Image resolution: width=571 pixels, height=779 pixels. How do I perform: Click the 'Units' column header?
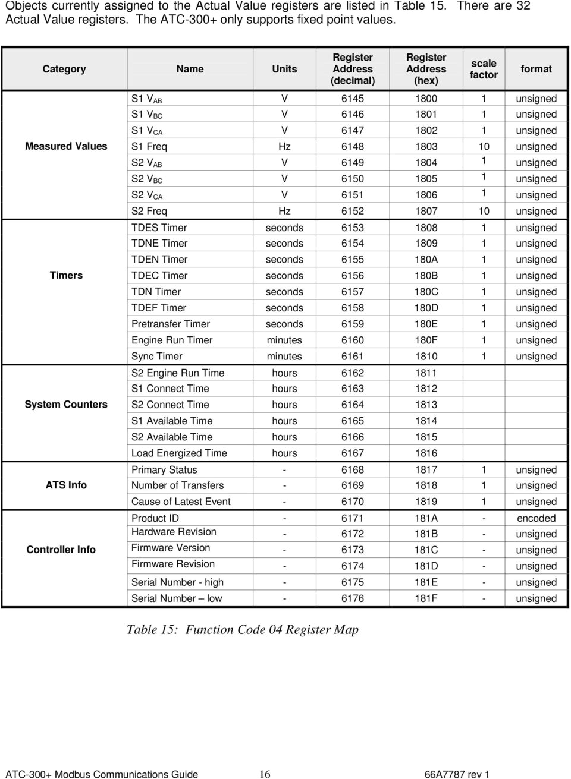[284, 69]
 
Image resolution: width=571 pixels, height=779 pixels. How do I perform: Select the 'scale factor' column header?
[484, 69]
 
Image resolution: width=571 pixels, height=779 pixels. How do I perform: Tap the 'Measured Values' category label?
[66, 146]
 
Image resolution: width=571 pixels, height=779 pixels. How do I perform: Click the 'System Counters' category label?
[66, 405]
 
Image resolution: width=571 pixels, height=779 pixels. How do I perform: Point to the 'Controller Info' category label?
[61, 550]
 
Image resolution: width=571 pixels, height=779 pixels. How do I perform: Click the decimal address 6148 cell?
[353, 146]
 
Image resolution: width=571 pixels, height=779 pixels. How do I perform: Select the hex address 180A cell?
[426, 260]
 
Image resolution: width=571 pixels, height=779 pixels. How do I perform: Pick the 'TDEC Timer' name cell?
[159, 276]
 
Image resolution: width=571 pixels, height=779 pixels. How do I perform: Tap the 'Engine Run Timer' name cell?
[172, 340]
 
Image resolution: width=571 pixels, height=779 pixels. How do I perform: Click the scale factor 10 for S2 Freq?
[484, 211]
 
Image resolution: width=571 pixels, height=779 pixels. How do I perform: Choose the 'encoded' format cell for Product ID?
[536, 518]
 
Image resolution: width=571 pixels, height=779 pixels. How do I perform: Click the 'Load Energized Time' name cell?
[179, 453]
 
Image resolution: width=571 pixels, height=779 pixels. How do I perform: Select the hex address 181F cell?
[426, 598]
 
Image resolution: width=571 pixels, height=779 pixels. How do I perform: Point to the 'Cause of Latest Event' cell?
[181, 502]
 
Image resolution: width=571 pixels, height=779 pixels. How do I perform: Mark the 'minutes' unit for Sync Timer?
[284, 357]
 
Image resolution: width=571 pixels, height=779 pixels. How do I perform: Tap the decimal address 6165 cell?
[353, 421]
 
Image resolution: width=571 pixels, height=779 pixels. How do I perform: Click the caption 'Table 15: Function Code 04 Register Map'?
[242, 630]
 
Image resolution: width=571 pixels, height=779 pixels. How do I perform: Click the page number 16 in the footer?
[265, 774]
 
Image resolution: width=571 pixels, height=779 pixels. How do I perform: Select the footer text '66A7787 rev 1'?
[457, 774]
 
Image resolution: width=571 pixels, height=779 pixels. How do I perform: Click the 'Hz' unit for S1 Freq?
[284, 146]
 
